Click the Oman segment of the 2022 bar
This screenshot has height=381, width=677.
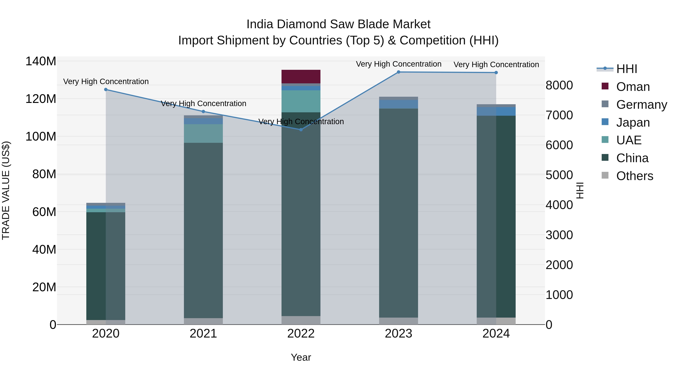coord(301,77)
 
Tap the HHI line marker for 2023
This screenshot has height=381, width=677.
coord(398,72)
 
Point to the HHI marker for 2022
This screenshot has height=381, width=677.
coord(301,130)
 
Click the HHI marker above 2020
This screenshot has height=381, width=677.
coord(106,89)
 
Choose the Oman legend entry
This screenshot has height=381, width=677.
coord(633,87)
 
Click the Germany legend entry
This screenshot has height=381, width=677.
coord(641,105)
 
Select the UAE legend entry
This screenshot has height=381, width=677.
coord(629,140)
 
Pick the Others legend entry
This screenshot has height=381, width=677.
coord(634,176)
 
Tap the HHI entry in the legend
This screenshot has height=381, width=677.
coord(627,69)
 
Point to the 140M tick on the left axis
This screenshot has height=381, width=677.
coord(41,61)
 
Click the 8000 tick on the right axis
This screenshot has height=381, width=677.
coord(559,85)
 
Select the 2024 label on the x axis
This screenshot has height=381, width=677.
coord(496,334)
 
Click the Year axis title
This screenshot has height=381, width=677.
coord(301,357)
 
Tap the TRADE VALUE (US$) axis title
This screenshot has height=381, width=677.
coord(6,190)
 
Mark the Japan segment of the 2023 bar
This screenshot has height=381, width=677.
coord(398,104)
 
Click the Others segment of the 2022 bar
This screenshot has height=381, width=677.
coord(301,320)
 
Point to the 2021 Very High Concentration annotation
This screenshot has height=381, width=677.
coord(203,104)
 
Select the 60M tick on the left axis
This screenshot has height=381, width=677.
coord(44,212)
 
